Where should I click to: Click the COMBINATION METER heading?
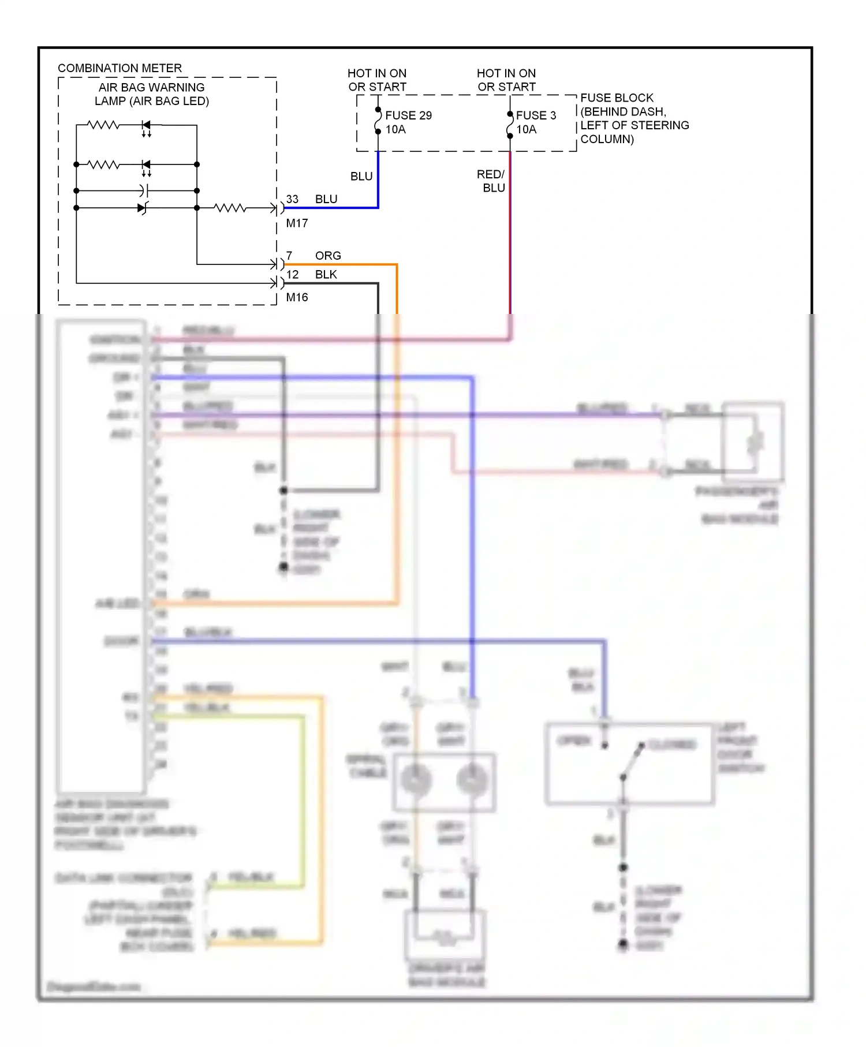pyautogui.click(x=120, y=68)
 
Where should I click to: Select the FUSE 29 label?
pyautogui.click(x=408, y=115)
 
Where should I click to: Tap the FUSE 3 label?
pyautogui.click(x=536, y=115)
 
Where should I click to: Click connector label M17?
pyautogui.click(x=297, y=223)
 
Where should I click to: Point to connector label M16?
pyautogui.click(x=297, y=297)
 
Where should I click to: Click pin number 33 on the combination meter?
pyautogui.click(x=292, y=199)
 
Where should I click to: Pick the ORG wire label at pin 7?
pyautogui.click(x=328, y=256)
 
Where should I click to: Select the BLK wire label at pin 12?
pyautogui.click(x=326, y=275)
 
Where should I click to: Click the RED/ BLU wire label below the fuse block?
pyautogui.click(x=491, y=181)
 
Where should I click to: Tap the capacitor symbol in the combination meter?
pyautogui.click(x=144, y=190)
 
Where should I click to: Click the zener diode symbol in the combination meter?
pyautogui.click(x=143, y=208)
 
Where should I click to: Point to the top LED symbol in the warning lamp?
pyautogui.click(x=146, y=125)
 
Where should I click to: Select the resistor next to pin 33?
pyautogui.click(x=230, y=208)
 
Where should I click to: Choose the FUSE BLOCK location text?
pyautogui.click(x=634, y=118)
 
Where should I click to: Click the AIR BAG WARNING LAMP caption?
pyautogui.click(x=152, y=94)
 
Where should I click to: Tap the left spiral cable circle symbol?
pyautogui.click(x=416, y=780)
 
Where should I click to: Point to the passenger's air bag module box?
pyautogui.click(x=753, y=442)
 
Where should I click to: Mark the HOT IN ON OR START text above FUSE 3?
pyautogui.click(x=506, y=80)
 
